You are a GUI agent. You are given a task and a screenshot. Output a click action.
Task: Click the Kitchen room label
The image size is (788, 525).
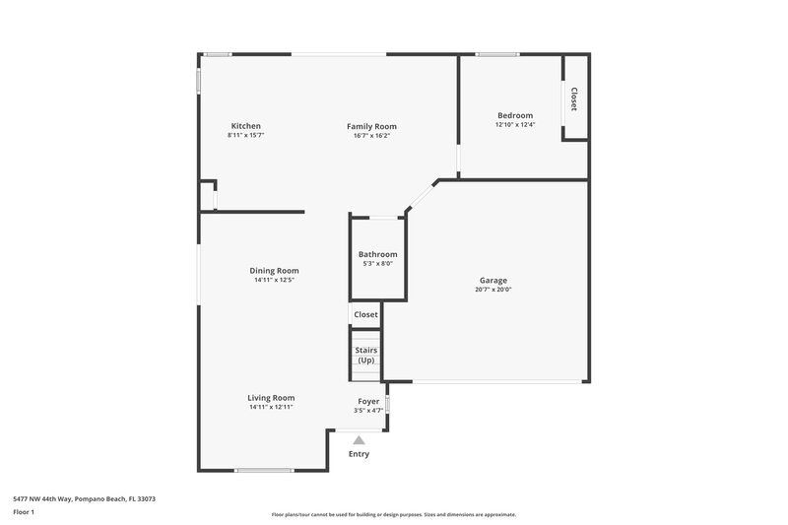(x=245, y=126)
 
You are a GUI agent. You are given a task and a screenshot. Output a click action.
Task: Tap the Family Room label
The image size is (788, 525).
(x=371, y=126)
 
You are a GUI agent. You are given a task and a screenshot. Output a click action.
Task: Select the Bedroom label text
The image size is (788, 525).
(x=514, y=115)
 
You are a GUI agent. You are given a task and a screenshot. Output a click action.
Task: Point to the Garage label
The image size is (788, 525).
(x=493, y=281)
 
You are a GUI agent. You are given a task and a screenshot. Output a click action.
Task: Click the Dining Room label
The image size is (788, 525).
(x=274, y=271)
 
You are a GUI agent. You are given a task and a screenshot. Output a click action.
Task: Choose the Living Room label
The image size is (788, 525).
(x=271, y=398)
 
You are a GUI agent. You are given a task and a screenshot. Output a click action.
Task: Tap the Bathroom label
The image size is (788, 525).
(x=377, y=254)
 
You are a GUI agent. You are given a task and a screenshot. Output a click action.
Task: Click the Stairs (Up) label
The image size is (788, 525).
(x=366, y=356)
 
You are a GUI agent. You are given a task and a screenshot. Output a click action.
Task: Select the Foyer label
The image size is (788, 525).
(x=368, y=402)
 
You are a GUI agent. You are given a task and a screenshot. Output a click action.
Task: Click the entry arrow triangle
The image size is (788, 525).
(x=360, y=440)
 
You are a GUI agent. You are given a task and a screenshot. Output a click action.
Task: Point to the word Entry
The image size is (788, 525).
(x=360, y=454)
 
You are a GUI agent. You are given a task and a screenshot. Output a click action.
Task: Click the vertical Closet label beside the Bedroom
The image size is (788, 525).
(x=574, y=98)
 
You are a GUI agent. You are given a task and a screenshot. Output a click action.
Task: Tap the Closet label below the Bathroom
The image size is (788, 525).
(x=366, y=315)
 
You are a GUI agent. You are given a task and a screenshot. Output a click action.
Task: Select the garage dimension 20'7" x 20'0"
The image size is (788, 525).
(x=493, y=290)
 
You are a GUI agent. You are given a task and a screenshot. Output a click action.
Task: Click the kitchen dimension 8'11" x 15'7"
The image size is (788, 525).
(x=245, y=135)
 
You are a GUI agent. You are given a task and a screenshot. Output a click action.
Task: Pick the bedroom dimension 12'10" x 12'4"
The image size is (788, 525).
(x=514, y=124)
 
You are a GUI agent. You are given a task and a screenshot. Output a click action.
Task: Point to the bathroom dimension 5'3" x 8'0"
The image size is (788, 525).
(x=377, y=263)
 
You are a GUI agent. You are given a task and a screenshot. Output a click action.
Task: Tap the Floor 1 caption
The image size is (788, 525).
(x=24, y=513)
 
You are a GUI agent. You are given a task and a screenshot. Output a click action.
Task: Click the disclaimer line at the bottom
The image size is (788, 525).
(x=394, y=514)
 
